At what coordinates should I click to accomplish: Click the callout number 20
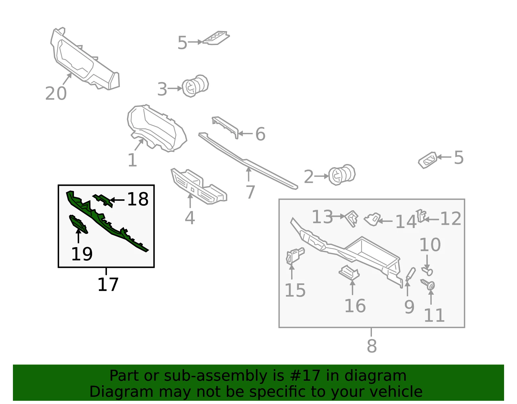(56, 93)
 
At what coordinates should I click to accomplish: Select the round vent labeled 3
(195, 86)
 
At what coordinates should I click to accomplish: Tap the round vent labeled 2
(342, 174)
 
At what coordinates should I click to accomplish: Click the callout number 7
(250, 192)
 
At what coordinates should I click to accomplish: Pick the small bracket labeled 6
(225, 127)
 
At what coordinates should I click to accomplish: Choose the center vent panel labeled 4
(199, 186)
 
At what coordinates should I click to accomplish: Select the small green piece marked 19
(78, 224)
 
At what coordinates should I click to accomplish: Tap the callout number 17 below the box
(108, 284)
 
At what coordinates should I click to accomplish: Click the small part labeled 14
(372, 219)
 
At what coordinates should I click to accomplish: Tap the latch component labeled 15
(295, 256)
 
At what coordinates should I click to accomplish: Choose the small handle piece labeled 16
(349, 273)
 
